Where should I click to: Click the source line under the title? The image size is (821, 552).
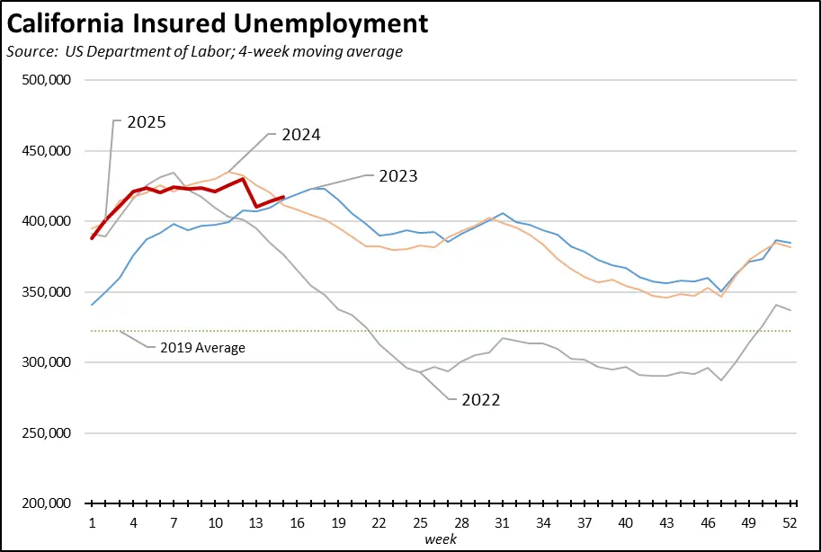pos(204,51)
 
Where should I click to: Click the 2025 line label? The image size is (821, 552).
pos(146,121)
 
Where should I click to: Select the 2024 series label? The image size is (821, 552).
pos(301,135)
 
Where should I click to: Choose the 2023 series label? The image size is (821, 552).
pos(397,175)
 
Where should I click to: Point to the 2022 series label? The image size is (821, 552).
pos(480,399)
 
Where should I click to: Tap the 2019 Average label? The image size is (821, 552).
pos(203,347)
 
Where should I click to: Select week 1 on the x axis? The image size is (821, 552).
pos(93,523)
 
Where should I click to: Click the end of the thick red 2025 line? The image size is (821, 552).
pos(284,197)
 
